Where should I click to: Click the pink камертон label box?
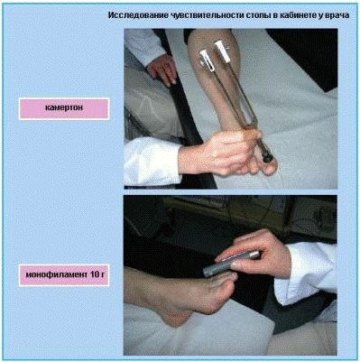pyautogui.click(x=64, y=108)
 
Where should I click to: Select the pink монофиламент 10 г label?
pyautogui.click(x=64, y=275)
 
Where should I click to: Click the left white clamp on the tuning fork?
pyautogui.click(x=208, y=60)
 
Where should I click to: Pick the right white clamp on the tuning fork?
pyautogui.click(x=223, y=51)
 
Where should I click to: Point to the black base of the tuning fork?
pyautogui.click(x=268, y=156)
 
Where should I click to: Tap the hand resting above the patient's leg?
pyautogui.click(x=162, y=69)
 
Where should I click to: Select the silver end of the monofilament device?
pyautogui.click(x=254, y=255)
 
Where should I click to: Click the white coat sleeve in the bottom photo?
pyautogui.click(x=307, y=274)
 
